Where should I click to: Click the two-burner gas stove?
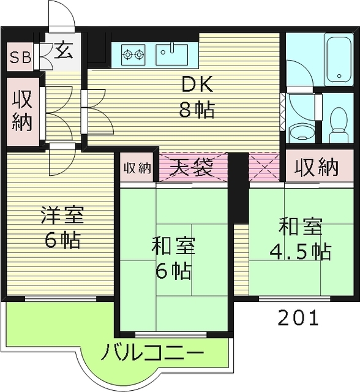[134, 55]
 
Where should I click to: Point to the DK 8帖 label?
[196, 97]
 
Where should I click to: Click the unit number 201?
[298, 318]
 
